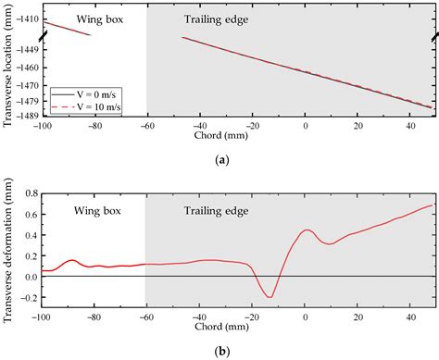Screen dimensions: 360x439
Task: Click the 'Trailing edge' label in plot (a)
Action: (x=191, y=19)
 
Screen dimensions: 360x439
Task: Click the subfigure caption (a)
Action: (x=221, y=160)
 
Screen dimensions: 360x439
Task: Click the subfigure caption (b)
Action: (x=221, y=352)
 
